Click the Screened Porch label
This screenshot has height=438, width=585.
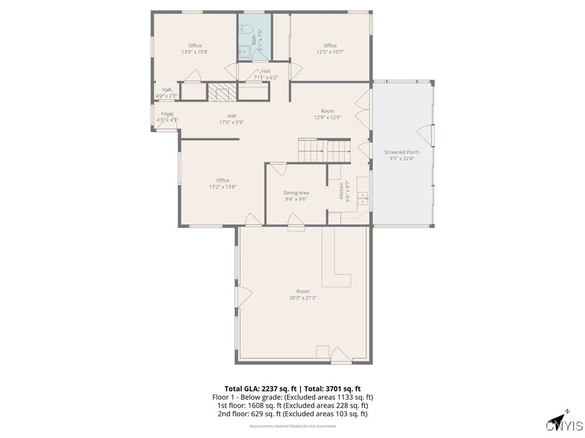tap(402, 152)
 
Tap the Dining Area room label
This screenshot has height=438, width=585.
tap(296, 193)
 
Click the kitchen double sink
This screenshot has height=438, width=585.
tap(362, 198)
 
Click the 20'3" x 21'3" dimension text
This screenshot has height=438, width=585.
tap(303, 298)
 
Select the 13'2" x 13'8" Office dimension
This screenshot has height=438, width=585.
tap(223, 186)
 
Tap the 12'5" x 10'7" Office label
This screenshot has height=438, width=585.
tap(330, 52)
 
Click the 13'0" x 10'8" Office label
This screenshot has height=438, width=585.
tap(195, 52)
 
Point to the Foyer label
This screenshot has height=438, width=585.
tap(167, 114)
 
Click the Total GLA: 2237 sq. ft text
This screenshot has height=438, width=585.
tap(261, 388)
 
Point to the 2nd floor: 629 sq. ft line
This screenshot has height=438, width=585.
tap(292, 414)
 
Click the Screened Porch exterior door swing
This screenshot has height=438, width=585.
tap(426, 135)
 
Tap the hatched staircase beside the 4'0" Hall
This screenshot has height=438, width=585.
tap(221, 92)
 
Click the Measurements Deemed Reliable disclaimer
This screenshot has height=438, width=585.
tap(292, 426)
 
